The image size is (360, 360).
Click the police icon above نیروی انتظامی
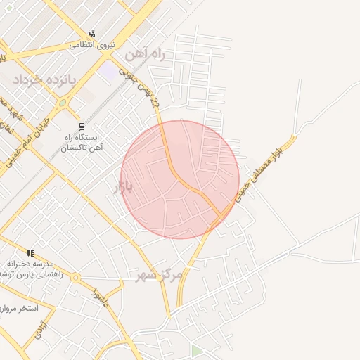coord(92,34)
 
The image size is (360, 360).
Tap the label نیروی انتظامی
coord(92,44)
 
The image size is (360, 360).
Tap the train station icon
coord(82,127)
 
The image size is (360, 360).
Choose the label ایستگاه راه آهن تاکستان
coord(82,143)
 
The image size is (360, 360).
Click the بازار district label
coord(122,187)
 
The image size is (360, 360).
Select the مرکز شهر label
coord(160,274)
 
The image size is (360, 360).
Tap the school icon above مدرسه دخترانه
coord(30,253)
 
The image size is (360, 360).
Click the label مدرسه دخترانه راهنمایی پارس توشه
coord(32,269)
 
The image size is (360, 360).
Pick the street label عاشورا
coord(98,295)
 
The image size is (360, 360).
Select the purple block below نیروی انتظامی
coord(108,71)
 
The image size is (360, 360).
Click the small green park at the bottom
coord(197,350)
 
